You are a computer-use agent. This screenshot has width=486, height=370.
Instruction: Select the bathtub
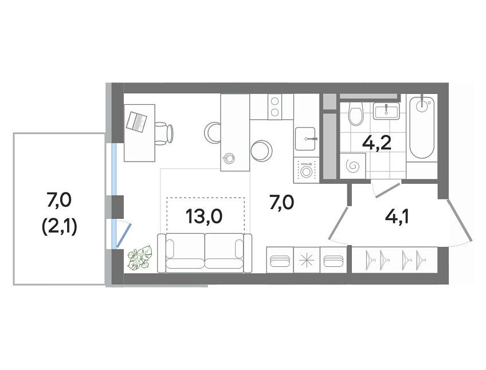click(422, 128)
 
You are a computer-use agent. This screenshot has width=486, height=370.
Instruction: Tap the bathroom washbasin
click(386, 111)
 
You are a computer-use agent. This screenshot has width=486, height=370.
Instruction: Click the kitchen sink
click(305, 139)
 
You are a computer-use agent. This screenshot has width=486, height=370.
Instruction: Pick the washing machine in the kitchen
click(306, 170)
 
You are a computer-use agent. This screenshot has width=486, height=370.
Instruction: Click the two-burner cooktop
click(275, 107)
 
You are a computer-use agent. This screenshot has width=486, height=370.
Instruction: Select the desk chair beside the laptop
click(164, 133)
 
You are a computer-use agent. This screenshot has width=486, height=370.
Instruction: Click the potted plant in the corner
click(140, 258)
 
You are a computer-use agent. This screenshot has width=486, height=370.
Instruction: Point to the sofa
click(205, 253)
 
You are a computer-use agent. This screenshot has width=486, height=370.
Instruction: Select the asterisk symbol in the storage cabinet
click(307, 260)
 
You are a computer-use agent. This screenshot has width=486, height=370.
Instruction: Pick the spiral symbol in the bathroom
click(353, 166)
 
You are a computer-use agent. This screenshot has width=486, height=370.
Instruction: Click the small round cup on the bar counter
click(229, 158)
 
